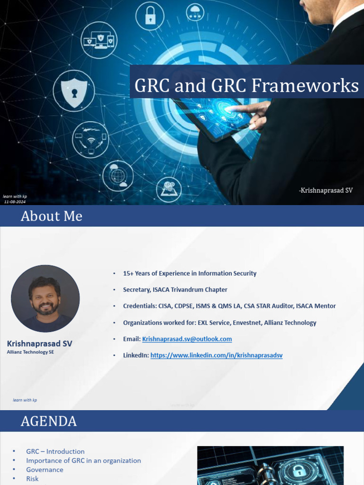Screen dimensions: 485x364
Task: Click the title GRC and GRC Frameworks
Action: click(x=246, y=86)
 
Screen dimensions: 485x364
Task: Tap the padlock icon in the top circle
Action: click(x=150, y=16)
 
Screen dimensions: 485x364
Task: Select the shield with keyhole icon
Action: click(x=73, y=90)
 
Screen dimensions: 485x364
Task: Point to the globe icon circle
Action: click(x=118, y=176)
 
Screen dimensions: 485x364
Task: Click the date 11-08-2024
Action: click(x=15, y=202)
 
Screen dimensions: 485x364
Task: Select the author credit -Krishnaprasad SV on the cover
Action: click(x=326, y=190)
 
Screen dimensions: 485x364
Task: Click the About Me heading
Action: click(x=51, y=216)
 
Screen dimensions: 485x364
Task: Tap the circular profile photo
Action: click(x=45, y=298)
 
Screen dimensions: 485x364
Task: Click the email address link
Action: click(x=187, y=339)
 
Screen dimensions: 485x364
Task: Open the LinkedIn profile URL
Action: click(x=216, y=355)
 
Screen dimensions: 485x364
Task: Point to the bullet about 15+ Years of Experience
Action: click(x=190, y=273)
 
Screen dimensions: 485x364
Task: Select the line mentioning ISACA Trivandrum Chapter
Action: click(x=175, y=289)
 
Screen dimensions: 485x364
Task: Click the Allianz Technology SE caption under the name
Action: click(x=30, y=352)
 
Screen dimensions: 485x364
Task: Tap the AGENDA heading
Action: click(x=48, y=421)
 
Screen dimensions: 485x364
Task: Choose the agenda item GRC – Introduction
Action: click(x=55, y=451)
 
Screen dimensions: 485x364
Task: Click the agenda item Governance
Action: click(x=45, y=470)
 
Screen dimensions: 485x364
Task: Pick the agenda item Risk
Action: click(x=32, y=479)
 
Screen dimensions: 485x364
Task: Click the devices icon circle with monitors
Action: click(x=99, y=40)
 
